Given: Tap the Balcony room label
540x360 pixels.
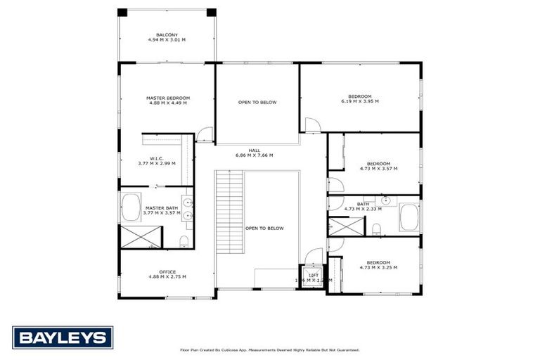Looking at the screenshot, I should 167,37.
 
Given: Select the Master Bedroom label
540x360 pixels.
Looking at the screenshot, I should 168,101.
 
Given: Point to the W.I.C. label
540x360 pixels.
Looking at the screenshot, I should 157,160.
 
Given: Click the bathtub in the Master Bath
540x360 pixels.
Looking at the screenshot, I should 131,208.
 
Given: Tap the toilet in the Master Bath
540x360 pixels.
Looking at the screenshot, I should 184,242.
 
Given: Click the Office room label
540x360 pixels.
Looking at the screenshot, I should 167,274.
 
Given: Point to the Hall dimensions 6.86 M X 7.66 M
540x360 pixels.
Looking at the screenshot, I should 254,155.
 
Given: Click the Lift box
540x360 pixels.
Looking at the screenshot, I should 314,276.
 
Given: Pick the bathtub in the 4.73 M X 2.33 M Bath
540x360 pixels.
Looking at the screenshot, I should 409,217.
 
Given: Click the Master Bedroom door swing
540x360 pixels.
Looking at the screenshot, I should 204,134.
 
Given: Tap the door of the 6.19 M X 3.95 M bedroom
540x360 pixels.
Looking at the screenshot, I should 312,126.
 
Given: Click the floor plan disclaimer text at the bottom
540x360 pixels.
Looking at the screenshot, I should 270,349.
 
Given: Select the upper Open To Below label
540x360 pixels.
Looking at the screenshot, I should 257,103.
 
